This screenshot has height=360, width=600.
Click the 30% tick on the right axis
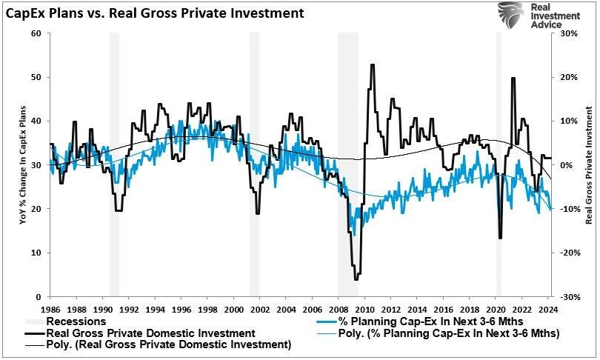pos(568,33)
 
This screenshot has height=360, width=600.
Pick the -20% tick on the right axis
pos(568,253)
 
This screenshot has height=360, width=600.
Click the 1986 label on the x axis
pos(50,308)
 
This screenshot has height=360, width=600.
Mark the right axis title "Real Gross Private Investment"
pos(590,164)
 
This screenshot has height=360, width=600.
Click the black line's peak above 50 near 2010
pos(372,65)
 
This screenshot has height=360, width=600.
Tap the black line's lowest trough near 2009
pos(356,279)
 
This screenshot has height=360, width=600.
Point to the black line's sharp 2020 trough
pos(500,238)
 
